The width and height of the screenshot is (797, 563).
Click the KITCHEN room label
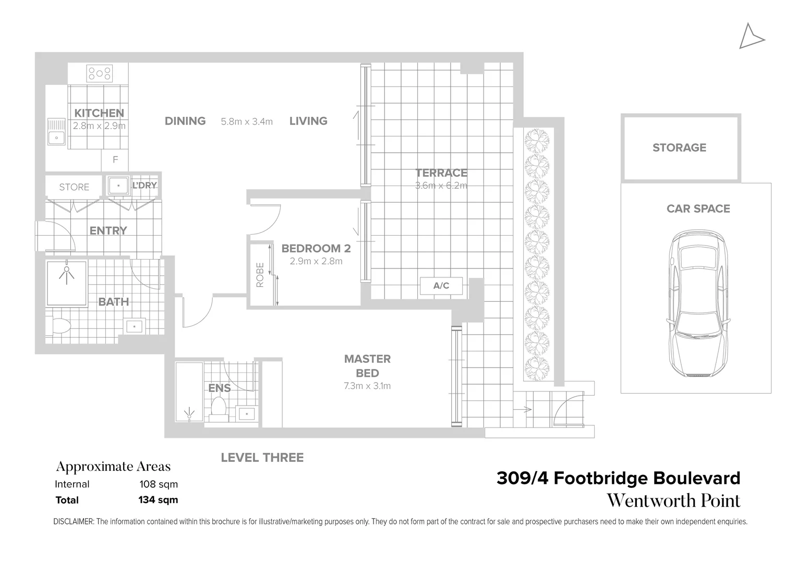[99, 113]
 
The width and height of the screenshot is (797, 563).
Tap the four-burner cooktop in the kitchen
[99, 74]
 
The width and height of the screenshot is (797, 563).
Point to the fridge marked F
[115, 160]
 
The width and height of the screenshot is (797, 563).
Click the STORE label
[74, 187]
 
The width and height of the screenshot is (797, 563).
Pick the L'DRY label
[144, 186]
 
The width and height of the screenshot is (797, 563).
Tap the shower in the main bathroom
[66, 283]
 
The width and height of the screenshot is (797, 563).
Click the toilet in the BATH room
[61, 326]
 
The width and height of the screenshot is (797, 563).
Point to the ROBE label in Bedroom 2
[260, 275]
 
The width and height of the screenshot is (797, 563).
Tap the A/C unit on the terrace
[441, 286]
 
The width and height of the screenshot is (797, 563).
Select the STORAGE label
[679, 148]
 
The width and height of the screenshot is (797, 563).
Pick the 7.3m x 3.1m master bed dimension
[367, 386]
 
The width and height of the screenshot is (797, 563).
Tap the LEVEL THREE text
[262, 458]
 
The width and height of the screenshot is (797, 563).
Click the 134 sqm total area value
[158, 500]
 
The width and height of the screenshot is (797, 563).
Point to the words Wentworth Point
[673, 501]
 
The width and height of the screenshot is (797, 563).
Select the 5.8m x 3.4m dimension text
[247, 121]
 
